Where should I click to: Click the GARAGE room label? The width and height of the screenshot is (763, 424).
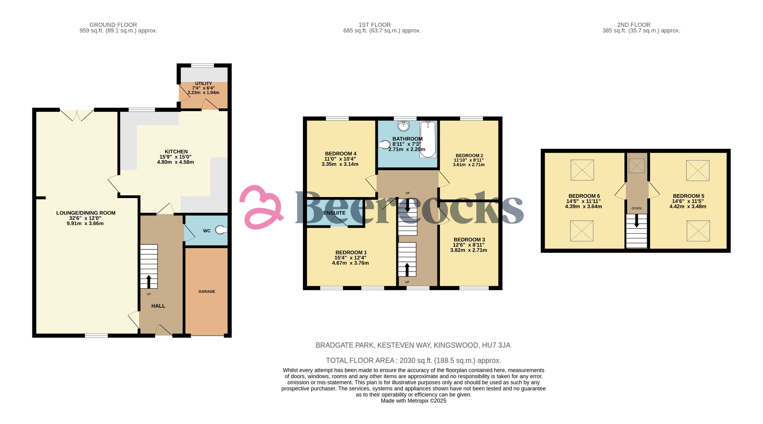coord(207,291)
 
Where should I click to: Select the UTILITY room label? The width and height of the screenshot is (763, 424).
coord(203,83)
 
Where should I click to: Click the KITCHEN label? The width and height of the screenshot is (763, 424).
coord(176,152)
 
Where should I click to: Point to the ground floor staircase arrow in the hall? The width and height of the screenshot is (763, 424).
coord(149,282)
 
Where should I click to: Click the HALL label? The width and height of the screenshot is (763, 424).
coord(158,306)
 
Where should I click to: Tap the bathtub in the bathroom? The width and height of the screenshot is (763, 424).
coord(428,139)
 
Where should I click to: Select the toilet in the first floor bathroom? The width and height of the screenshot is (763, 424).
coord(384,144)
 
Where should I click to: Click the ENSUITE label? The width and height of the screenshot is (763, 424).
coord(334,213)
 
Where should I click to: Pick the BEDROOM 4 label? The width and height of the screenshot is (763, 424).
coord(341,154)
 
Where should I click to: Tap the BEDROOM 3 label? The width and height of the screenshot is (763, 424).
coord(469,240)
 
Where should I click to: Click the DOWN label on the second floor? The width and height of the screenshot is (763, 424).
coord(637,208)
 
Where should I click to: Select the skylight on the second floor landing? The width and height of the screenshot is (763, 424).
coord(637,166)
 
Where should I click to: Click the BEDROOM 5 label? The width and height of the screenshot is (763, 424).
coord(688,196)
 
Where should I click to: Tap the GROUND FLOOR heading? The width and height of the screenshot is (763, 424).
coord(113,25)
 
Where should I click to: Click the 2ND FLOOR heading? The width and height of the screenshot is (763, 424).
coord(634,25)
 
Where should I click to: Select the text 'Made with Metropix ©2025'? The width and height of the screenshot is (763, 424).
coord(414,401)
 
